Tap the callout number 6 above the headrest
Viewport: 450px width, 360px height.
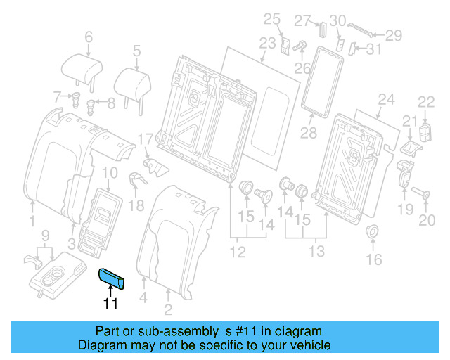tap(89, 37)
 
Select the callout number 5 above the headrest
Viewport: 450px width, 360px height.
tap(137, 50)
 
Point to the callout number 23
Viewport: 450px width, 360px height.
tap(268, 44)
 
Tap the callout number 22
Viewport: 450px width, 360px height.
tap(427, 103)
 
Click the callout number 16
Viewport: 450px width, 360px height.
tap(373, 259)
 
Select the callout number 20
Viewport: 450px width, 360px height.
tap(427, 221)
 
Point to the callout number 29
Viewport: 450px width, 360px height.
tap(393, 34)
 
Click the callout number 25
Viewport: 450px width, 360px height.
tap(271, 18)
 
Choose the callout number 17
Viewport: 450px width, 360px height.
tap(145, 139)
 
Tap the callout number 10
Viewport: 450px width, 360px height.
tap(110, 173)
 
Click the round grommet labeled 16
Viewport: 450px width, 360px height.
tap(372, 231)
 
